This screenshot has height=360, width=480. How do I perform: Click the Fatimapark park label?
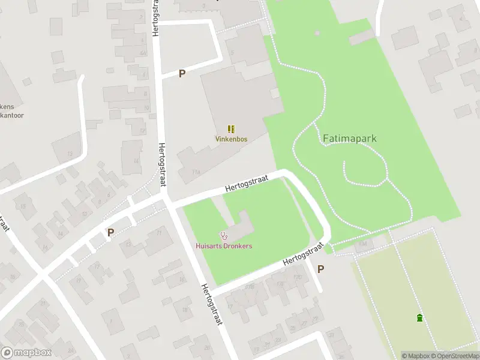pyautogui.click(x=349, y=138)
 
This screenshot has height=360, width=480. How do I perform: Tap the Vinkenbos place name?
pyautogui.click(x=231, y=139)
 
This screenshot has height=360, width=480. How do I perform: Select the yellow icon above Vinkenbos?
pyautogui.click(x=231, y=128)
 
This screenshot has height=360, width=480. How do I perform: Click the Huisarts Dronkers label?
pyautogui.click(x=224, y=246)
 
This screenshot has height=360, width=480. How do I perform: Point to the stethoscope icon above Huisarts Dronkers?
pyautogui.click(x=224, y=236)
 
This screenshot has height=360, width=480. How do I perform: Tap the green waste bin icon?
pyautogui.click(x=419, y=317)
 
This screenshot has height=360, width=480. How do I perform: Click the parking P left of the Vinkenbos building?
pyautogui.click(x=182, y=73)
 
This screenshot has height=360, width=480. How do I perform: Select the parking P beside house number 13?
pyautogui.click(x=110, y=232)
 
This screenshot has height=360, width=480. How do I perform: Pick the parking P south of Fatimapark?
pyautogui.click(x=320, y=269)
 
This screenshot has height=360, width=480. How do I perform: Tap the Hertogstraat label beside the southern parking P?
pyautogui.click(x=304, y=254)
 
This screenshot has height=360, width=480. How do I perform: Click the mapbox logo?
pyautogui.click(x=26, y=353)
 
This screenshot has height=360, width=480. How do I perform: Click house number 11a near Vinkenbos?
pyautogui.click(x=196, y=172)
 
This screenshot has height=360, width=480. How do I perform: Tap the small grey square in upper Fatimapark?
pyautogui.click(x=317, y=33)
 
